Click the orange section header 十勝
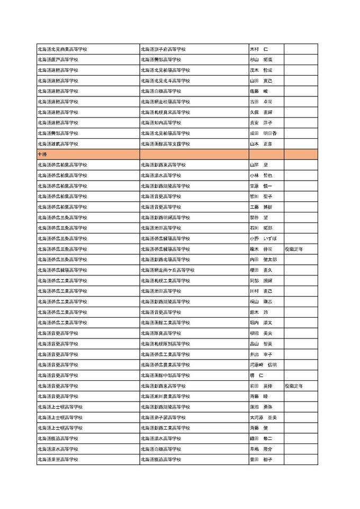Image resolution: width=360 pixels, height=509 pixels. click(41, 154)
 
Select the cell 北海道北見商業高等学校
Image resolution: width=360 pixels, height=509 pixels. click(62, 49)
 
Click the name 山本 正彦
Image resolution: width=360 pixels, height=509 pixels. click(260, 144)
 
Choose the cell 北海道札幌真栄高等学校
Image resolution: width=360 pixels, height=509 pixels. click(165, 112)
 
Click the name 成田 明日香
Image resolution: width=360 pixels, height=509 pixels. click(263, 133)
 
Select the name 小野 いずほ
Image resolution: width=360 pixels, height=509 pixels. click(263, 238)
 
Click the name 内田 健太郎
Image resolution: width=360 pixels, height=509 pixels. click(263, 260)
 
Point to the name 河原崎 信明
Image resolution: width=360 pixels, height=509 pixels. click(263, 365)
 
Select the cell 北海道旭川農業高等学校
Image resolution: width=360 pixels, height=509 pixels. click(165, 396)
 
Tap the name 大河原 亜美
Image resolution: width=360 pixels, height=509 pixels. click(263, 417)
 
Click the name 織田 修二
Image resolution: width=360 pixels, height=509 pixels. click(260, 439)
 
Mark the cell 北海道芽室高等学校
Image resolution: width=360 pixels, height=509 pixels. click(58, 459)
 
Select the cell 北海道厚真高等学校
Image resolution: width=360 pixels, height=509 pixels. click(161, 333)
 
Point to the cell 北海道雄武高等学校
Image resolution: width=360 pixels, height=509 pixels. click(58, 144)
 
